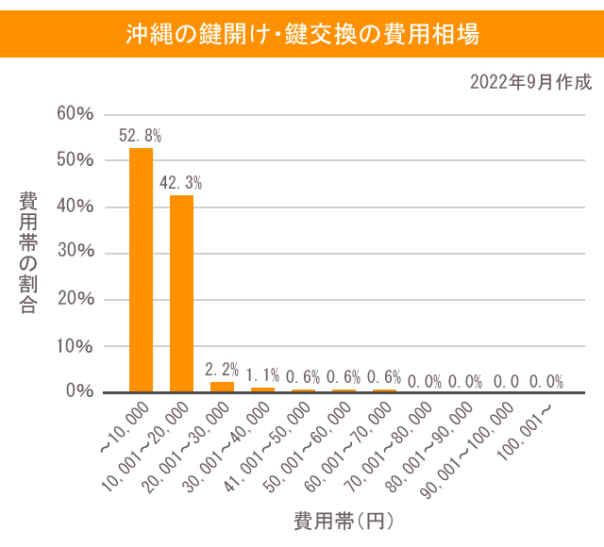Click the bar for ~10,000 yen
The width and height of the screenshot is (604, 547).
click(141, 270)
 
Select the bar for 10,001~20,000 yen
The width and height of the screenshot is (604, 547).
click(181, 293)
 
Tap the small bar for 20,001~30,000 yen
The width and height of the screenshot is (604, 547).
click(222, 387)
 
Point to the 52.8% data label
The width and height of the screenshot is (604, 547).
click(140, 136)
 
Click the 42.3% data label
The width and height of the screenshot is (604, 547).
click(181, 182)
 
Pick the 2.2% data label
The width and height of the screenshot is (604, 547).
click(222, 370)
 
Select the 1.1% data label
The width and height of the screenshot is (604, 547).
click(262, 375)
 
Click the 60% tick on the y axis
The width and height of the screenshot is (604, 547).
click(75, 114)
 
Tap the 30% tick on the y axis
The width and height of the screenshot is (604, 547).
click(75, 253)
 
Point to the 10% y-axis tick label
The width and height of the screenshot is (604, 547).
click(75, 345)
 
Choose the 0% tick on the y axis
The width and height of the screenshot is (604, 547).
click(79, 391)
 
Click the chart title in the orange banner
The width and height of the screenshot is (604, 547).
click(302, 35)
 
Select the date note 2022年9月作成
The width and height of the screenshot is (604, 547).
click(531, 82)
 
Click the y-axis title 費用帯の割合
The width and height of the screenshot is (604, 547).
click(28, 253)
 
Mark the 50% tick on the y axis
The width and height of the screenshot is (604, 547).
click(75, 160)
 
